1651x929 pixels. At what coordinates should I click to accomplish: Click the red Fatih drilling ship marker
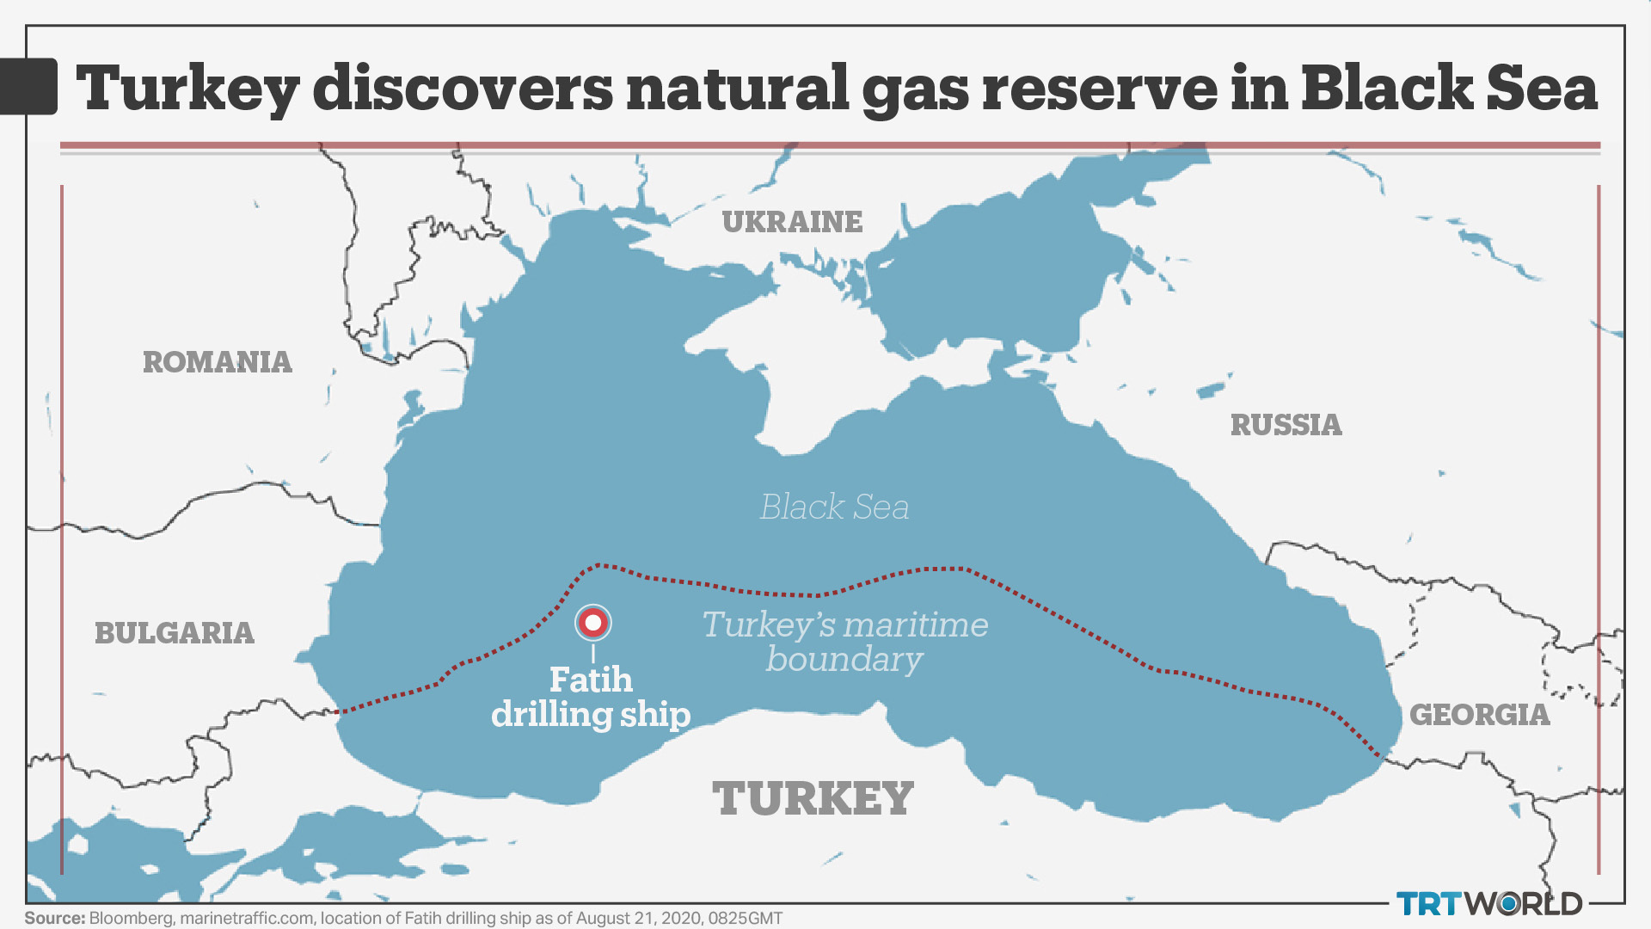[x=592, y=622]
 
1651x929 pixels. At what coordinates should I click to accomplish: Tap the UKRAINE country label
[x=792, y=222]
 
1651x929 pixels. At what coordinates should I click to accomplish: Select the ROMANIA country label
[x=218, y=362]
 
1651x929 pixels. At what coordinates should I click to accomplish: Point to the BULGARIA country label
[x=175, y=633]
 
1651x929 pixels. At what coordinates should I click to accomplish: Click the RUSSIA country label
[x=1286, y=425]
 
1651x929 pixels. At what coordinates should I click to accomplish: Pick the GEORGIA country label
[x=1479, y=715]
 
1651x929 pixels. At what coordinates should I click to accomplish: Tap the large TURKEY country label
[x=813, y=798]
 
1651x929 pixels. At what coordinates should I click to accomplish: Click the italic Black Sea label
[x=834, y=507]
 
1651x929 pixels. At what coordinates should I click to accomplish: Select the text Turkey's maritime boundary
[x=844, y=642]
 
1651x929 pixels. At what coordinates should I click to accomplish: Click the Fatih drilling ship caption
[x=591, y=698]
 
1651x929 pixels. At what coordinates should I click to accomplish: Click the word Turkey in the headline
[x=188, y=89]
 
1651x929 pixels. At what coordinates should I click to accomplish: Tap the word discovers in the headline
[x=463, y=89]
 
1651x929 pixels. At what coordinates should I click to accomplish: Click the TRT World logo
[x=1489, y=903]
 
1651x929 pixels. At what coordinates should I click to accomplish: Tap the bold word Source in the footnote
[x=54, y=918]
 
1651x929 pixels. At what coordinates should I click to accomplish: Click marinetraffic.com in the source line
[x=247, y=918]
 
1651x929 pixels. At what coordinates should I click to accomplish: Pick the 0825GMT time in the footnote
[x=745, y=918]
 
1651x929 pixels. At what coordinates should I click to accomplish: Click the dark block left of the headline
[x=28, y=86]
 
